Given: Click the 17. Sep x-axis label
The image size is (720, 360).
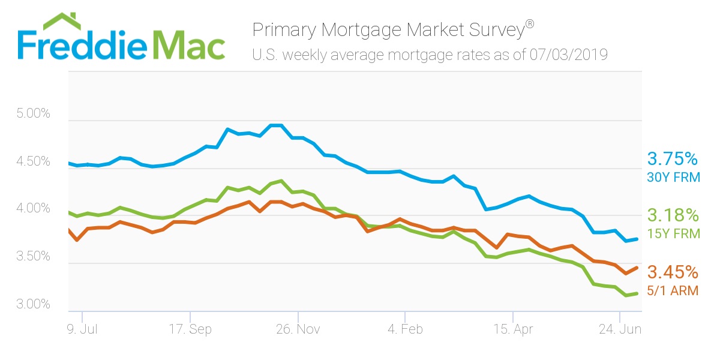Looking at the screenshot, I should (191, 329).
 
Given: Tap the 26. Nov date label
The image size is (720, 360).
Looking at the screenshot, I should (298, 329).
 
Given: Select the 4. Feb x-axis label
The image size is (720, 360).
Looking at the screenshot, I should (405, 329).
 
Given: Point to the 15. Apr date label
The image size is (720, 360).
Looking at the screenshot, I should (513, 329).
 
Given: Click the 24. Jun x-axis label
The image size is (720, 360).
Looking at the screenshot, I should (620, 329).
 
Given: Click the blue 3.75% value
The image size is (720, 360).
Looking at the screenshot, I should (673, 159).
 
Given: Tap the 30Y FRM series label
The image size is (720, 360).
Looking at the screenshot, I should (673, 178).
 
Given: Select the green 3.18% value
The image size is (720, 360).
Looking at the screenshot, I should (673, 215).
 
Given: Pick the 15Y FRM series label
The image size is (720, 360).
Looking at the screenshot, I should (673, 234).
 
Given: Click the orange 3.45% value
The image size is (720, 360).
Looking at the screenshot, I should (673, 272).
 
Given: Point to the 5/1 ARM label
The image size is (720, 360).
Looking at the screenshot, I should (673, 291).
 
